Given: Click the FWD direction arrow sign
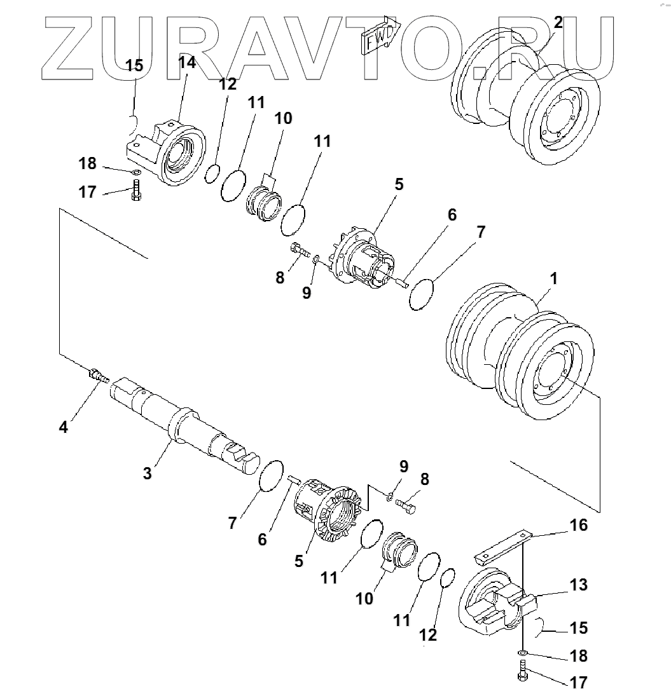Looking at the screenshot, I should click(380, 36).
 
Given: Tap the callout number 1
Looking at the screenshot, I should click(554, 278).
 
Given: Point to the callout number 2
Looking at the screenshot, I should click(558, 23).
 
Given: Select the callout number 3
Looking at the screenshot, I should click(147, 473).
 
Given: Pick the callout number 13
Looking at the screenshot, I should click(579, 585).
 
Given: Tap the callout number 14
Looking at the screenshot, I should click(187, 62).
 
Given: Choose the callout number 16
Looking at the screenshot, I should click(579, 526).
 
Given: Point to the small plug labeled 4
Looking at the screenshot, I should click(97, 375).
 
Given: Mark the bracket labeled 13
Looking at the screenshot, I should click(493, 604).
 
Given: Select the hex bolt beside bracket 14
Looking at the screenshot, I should click(135, 191).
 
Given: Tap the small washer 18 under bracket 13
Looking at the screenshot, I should click(522, 653).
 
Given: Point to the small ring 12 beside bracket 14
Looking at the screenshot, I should click(212, 173).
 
